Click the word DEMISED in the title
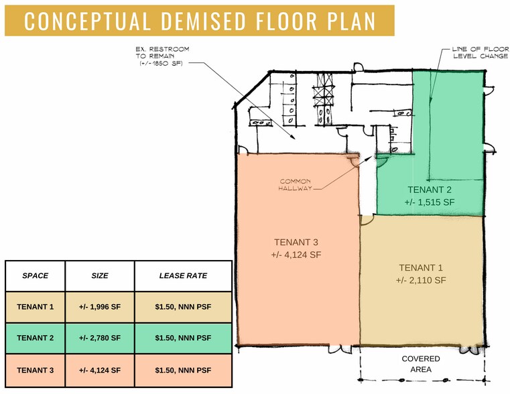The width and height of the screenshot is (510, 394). coord(204,21)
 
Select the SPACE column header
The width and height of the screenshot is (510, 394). coord(35,275)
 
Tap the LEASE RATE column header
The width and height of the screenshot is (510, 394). coord(183,275)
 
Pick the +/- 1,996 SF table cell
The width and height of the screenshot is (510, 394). coord(100,306)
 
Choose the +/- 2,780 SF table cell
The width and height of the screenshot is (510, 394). coord(100,338)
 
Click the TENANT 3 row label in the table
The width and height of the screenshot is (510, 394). coord(35,371)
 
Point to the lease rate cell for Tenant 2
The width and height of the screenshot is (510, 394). coord(183,338)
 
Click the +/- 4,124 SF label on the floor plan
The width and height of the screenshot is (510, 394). coord(296,255)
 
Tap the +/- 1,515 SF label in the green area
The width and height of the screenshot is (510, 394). coord(430,202)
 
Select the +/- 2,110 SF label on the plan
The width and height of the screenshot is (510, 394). coord(421,280)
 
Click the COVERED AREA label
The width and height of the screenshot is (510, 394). coord(421,364)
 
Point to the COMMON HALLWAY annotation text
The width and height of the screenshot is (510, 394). coord(295,185)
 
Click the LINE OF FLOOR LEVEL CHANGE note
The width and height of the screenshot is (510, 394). coord(481,52)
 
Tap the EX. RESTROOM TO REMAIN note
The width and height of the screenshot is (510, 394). coord(162,52)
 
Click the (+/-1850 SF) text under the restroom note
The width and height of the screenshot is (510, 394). coord(161,64)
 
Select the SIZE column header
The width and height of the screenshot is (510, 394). coord(100,275)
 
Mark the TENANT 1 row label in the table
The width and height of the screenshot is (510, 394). coord(35,306)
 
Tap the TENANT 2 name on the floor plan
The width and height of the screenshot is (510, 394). coord(430,190)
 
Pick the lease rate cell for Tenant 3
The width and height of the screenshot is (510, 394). coord(183,371)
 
